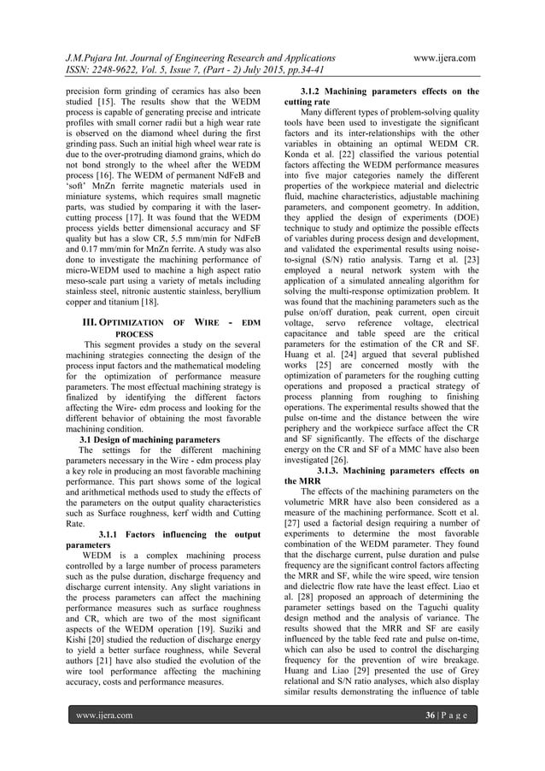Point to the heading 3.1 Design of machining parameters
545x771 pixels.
coord(144,439)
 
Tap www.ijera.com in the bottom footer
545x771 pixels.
coord(104,738)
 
